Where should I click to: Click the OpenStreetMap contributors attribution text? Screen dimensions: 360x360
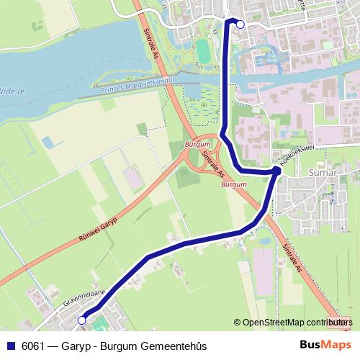point(296,323)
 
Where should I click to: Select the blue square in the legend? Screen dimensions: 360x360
point(10,346)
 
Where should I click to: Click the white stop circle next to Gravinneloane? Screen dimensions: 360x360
point(81,320)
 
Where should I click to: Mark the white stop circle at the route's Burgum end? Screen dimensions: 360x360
point(240,24)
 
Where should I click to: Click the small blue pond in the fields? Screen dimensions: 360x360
point(48,142)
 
